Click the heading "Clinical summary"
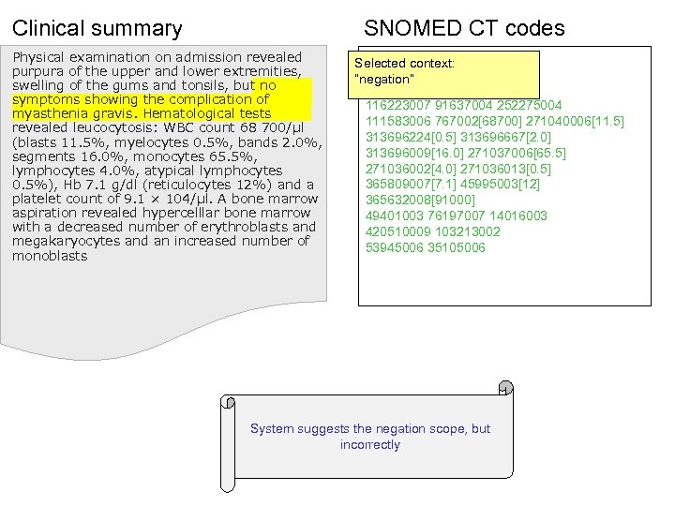[x=97, y=28]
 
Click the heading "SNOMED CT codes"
[x=464, y=28]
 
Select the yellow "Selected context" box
[x=448, y=72]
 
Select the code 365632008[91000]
[x=420, y=200]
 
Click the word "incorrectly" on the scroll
[x=370, y=444]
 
